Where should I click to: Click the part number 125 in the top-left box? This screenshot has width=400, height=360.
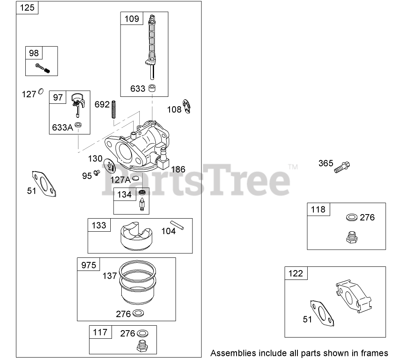(x=27, y=8)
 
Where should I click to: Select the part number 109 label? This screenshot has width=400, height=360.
(x=132, y=19)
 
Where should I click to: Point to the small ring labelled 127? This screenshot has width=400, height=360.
(x=40, y=92)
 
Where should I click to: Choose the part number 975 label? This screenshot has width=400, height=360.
(x=89, y=265)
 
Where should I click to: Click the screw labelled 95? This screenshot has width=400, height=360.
(x=97, y=173)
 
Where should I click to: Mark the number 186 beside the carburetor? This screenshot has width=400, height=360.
(x=178, y=169)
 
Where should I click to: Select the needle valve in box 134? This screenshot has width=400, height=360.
(x=142, y=201)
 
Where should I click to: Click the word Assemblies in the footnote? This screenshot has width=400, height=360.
(x=233, y=353)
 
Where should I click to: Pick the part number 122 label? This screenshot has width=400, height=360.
(x=296, y=273)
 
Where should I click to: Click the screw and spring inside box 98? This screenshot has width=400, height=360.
(x=42, y=68)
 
